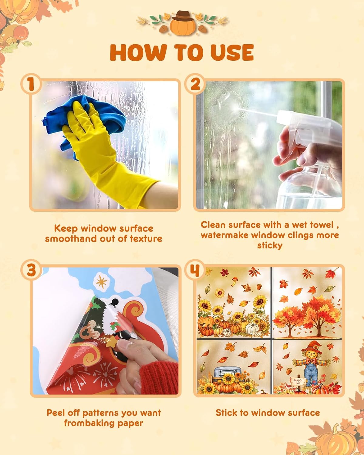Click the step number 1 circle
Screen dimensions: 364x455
[31, 84]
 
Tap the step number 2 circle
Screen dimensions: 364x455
[195, 84]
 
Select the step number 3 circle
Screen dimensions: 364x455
[31, 270]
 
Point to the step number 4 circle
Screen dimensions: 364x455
[195, 270]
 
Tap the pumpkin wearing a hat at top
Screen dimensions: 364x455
[182, 24]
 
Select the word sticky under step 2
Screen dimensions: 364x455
[270, 246]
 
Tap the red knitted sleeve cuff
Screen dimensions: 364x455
[159, 375]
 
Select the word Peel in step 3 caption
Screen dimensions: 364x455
[56, 413]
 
